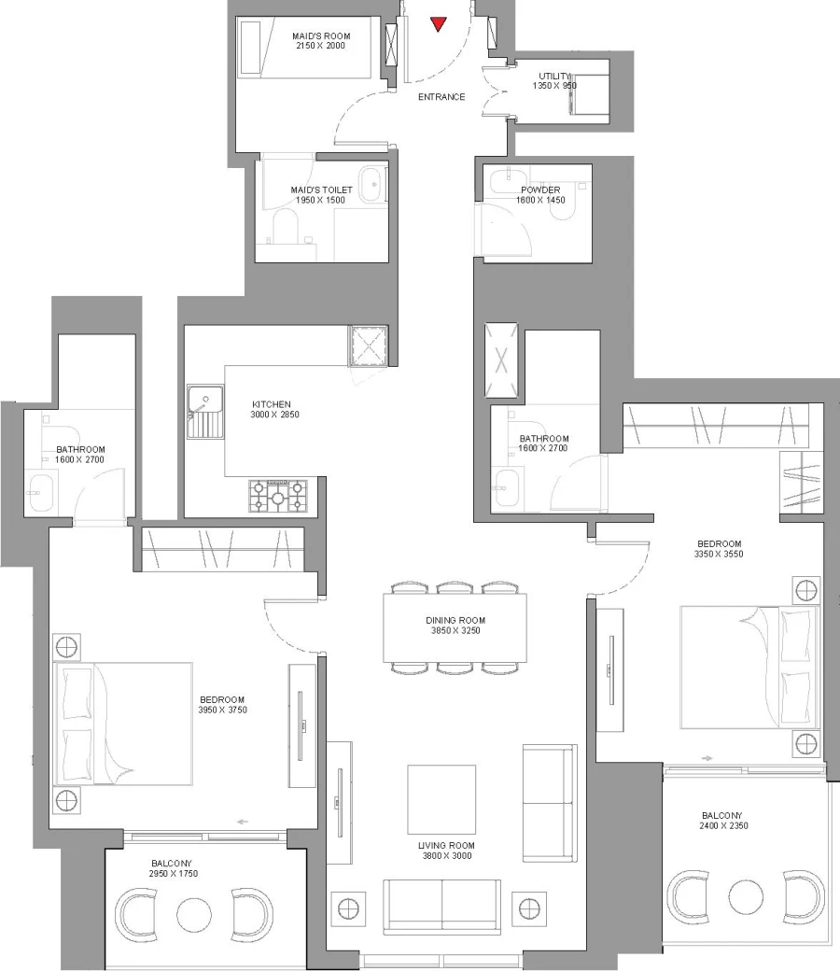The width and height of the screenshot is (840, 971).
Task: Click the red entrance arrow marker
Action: [x=437, y=24]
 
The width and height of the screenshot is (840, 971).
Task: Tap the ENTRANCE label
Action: [x=441, y=97]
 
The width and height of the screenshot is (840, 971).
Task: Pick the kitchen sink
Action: [x=204, y=412]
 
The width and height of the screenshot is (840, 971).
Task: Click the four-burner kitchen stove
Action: [x=277, y=495]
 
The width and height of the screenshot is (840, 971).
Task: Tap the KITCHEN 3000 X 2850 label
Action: [x=274, y=409]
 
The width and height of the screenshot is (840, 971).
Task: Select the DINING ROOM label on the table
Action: [x=455, y=626]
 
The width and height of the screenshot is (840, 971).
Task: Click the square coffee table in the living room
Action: [x=441, y=799]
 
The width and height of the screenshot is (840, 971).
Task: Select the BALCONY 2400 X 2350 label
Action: [x=723, y=820]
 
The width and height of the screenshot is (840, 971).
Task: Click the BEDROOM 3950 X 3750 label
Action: [x=222, y=705]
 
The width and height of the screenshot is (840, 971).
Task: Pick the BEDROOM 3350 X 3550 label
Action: [x=719, y=549]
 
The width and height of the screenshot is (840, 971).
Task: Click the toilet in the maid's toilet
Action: [x=284, y=225]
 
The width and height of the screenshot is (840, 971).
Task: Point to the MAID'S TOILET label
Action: [x=321, y=194]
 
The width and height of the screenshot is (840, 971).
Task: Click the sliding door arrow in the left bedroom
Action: [x=243, y=822]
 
